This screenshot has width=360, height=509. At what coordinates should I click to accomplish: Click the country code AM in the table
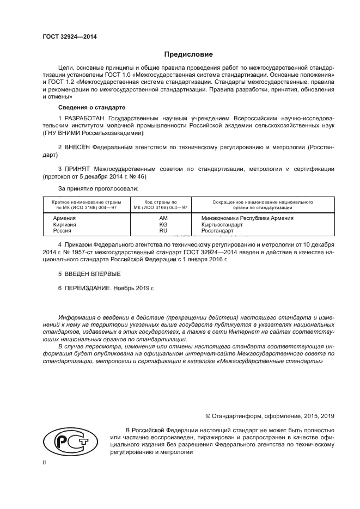(x=162, y=218)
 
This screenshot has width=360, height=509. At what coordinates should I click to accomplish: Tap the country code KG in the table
(x=162, y=224)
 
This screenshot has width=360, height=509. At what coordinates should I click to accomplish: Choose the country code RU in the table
(x=162, y=231)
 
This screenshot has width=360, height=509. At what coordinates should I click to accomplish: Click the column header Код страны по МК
(x=162, y=205)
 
